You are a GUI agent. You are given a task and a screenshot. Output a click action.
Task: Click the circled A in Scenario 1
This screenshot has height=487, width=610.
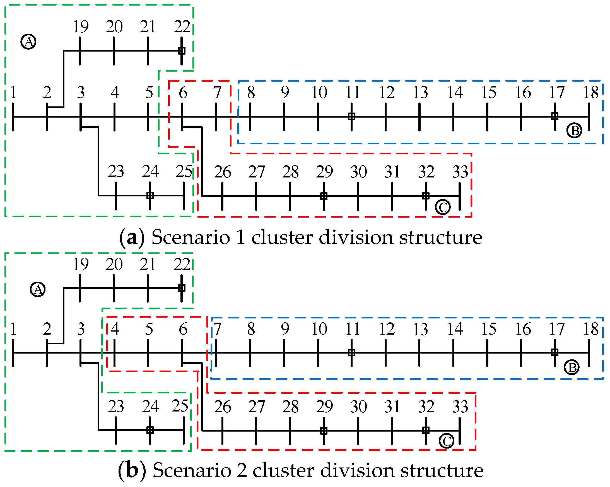(x=28, y=42)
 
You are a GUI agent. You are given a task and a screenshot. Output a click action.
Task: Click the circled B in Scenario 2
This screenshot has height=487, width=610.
(x=572, y=368)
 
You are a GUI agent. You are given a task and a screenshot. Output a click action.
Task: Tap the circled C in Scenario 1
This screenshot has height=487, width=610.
(x=442, y=207)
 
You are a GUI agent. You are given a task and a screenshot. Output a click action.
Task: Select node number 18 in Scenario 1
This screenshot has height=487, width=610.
(x=591, y=92)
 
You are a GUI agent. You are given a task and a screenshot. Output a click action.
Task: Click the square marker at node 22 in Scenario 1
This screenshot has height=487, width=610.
(x=182, y=51)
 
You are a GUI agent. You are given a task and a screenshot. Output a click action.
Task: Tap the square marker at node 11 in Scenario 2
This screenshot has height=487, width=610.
(x=351, y=352)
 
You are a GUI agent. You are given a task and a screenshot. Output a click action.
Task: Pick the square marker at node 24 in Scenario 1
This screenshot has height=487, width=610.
(x=150, y=195)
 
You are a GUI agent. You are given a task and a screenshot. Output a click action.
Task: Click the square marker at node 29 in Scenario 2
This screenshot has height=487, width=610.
(x=324, y=431)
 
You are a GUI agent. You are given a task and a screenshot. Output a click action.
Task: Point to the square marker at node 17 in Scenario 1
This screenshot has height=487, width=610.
(x=554, y=116)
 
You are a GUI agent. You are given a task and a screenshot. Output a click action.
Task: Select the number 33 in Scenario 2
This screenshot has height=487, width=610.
(x=460, y=407)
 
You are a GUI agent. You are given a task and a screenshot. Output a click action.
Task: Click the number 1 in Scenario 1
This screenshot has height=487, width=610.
(x=13, y=92)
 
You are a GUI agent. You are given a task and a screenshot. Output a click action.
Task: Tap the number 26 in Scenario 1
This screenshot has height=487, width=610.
(x=222, y=172)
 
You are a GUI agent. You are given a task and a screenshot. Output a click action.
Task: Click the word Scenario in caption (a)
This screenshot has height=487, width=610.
(x=191, y=237)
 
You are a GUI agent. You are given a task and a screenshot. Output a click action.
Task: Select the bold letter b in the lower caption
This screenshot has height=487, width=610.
(x=132, y=470)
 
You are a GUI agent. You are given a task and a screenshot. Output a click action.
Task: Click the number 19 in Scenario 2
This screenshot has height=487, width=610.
(x=81, y=264)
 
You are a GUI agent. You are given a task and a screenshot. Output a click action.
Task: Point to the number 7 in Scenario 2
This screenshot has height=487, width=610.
(x=217, y=329)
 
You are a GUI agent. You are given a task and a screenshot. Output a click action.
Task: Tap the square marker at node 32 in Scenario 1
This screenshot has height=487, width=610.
(x=426, y=196)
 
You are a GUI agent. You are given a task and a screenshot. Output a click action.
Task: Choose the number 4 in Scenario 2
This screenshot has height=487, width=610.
(x=115, y=329)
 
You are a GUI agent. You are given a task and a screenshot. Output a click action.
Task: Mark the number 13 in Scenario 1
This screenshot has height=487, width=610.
(x=420, y=92)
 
